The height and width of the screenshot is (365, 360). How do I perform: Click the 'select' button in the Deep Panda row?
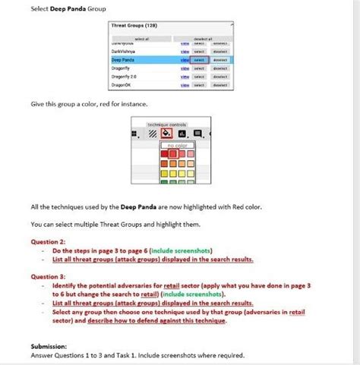pos(199,59)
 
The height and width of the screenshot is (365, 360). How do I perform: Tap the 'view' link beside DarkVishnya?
pos(185,52)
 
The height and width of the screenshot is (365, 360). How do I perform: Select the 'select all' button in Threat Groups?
pos(141,38)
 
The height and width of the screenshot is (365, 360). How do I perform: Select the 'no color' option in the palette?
pos(176,145)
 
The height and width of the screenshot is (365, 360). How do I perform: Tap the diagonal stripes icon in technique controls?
pos(152,134)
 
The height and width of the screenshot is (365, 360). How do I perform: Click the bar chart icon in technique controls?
pos(182,134)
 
